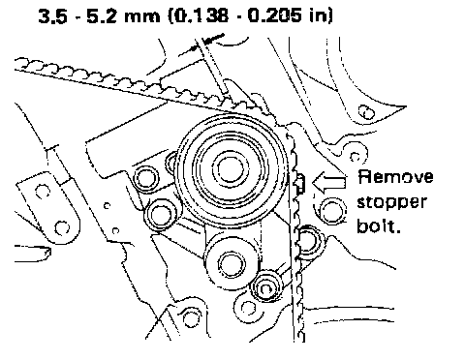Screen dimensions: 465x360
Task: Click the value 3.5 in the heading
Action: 53,15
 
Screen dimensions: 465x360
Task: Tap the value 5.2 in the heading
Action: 102,15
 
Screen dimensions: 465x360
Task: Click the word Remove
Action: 395,177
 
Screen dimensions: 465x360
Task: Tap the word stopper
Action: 391,203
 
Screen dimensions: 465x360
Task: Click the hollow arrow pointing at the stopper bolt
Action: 328,182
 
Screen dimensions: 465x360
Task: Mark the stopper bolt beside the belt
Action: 300,183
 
